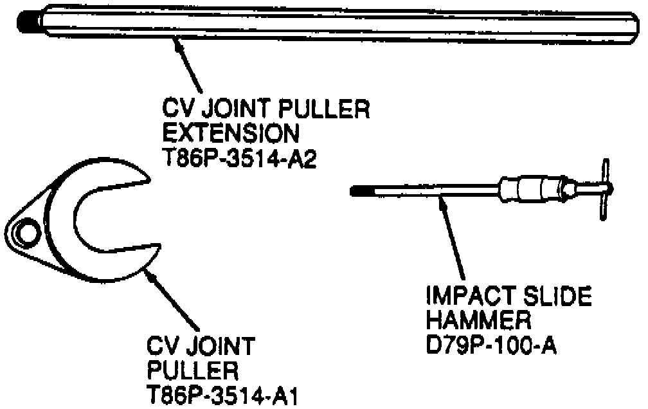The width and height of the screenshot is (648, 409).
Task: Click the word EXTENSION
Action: [230, 134]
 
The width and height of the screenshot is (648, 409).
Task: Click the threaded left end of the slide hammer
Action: [362, 190]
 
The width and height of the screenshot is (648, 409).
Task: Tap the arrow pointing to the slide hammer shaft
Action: [453, 238]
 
